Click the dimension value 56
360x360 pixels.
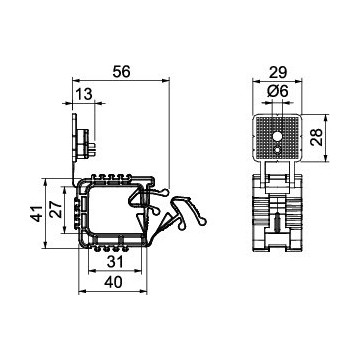click(121, 72)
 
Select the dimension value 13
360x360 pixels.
click(83, 94)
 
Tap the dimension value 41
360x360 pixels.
click(37, 213)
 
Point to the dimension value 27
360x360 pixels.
click(57, 209)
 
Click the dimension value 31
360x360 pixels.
click(115, 262)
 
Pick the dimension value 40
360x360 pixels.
click(113, 283)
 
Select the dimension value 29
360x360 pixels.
click(278, 72)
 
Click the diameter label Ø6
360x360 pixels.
click(277, 91)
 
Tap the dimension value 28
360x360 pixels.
click(316, 137)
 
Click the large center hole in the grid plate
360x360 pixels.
click(277, 136)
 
